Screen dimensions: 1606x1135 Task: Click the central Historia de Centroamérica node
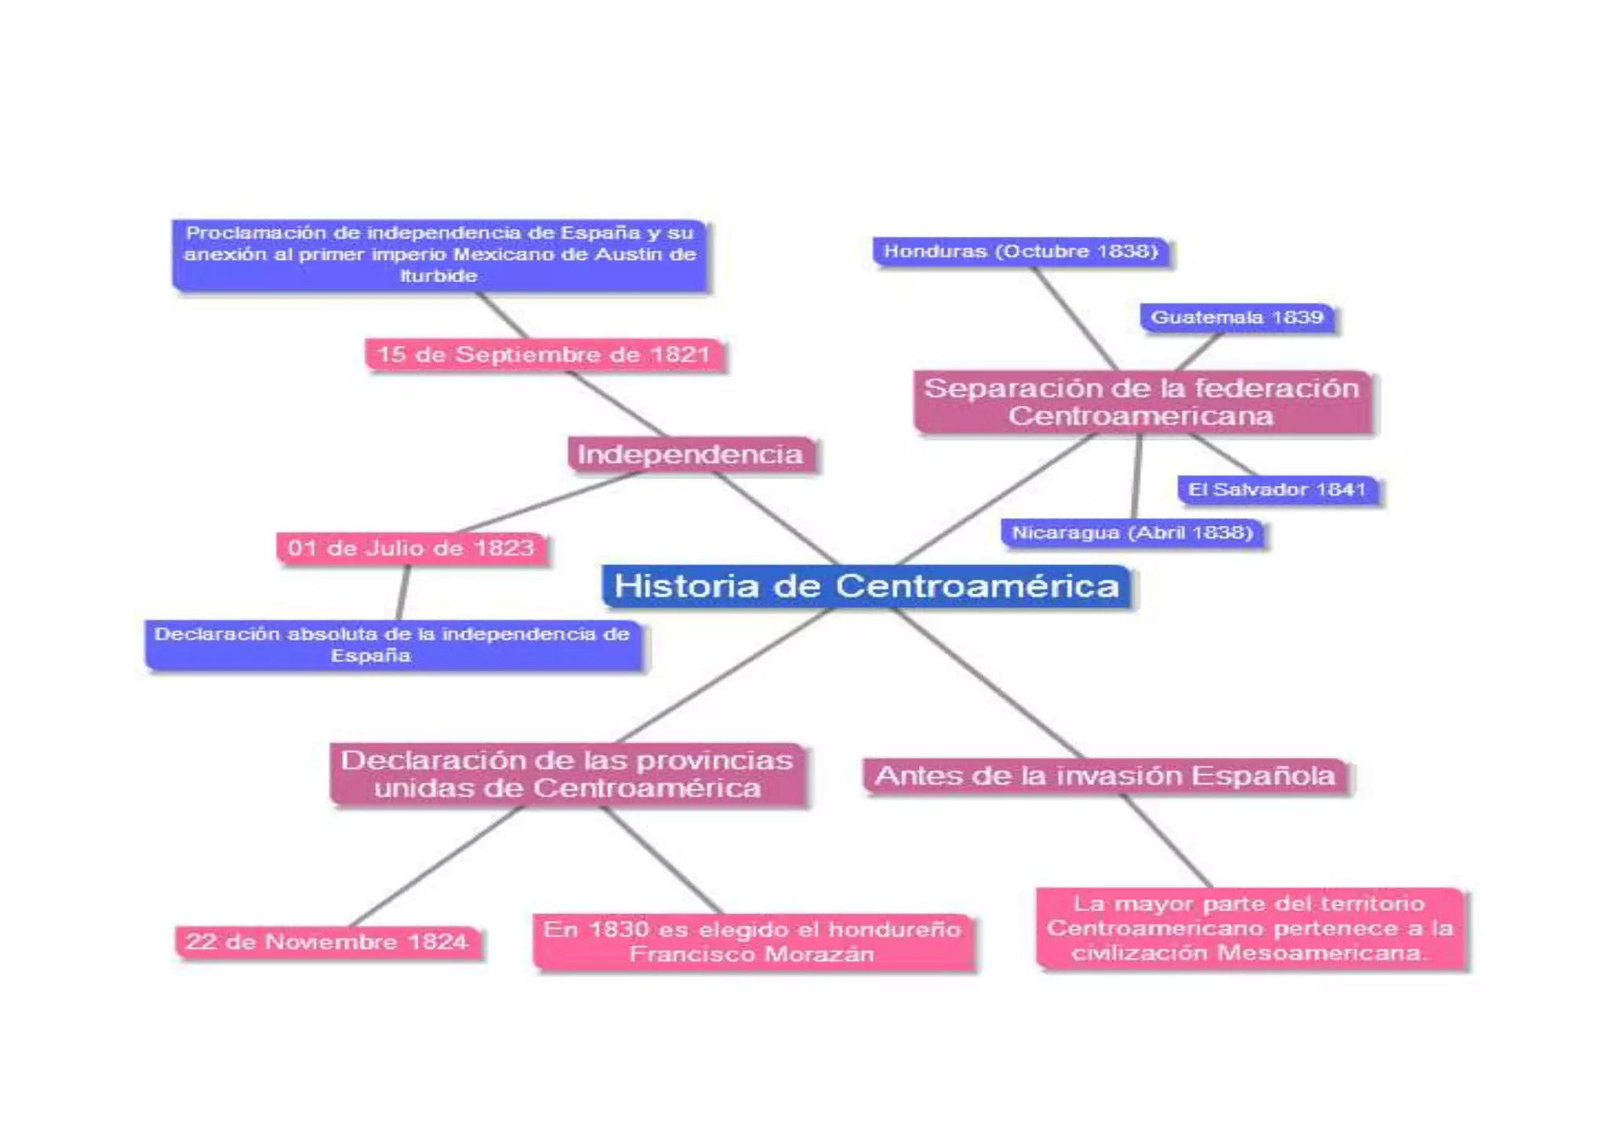(x=866, y=586)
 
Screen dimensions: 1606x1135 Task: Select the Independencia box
(x=690, y=455)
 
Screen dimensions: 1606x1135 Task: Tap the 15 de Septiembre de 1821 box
(x=543, y=355)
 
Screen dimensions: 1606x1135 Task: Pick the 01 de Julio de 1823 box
(x=411, y=548)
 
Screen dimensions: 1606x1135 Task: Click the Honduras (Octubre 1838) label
(x=1021, y=252)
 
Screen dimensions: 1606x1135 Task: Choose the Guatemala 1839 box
(x=1237, y=317)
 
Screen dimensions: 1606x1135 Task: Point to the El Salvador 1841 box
(x=1277, y=490)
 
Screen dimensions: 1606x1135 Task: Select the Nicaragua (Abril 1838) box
(x=1132, y=533)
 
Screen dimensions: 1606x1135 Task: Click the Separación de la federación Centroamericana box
(x=1142, y=402)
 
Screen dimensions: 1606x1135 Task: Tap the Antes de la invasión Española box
(x=1105, y=776)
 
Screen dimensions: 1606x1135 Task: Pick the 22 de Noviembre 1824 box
(x=327, y=941)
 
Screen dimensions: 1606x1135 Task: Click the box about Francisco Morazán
(x=752, y=942)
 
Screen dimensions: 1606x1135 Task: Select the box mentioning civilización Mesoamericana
(x=1249, y=929)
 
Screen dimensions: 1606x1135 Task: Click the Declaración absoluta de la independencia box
(x=392, y=645)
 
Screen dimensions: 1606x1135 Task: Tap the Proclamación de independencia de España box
(x=439, y=255)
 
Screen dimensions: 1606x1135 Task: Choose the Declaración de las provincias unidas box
(x=567, y=774)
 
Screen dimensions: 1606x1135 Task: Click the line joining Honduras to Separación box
(x=1074, y=318)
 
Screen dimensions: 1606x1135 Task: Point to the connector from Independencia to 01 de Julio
(x=549, y=502)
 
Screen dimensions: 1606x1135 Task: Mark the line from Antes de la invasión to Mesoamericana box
(x=1166, y=841)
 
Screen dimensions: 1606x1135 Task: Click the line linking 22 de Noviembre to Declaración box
(x=435, y=867)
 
